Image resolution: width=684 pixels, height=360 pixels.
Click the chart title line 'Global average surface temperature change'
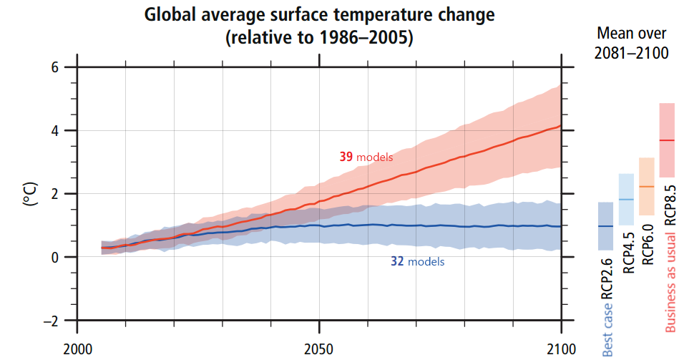tap(319, 15)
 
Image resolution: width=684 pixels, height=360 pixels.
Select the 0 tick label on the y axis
tap(54, 257)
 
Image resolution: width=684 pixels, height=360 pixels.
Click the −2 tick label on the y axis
tap(50, 321)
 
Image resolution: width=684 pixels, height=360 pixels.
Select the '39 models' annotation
tap(366, 157)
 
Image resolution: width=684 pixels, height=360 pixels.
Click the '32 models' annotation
tap(417, 262)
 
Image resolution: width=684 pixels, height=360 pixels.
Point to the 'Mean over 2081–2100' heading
tap(632, 44)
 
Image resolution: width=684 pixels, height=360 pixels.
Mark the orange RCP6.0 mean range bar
tap(647, 186)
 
